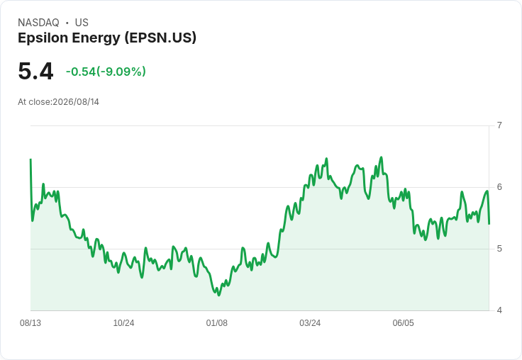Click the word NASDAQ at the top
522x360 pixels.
pyautogui.click(x=38, y=23)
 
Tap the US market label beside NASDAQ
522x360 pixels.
pyautogui.click(x=82, y=23)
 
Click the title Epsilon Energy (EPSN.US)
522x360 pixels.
pyautogui.click(x=107, y=38)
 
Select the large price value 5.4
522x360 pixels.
pyautogui.click(x=35, y=71)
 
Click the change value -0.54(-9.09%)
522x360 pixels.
pyautogui.click(x=106, y=72)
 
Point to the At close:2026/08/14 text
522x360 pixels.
pyautogui.click(x=59, y=102)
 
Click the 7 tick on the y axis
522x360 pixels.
pyautogui.click(x=499, y=125)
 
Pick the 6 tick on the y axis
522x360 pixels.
pyautogui.click(x=499, y=187)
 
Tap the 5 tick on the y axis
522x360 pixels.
pyautogui.click(x=499, y=249)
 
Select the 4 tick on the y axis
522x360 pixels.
pyautogui.click(x=499, y=310)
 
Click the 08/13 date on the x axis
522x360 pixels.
pyautogui.click(x=30, y=323)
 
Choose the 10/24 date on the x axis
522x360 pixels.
pyautogui.click(x=123, y=323)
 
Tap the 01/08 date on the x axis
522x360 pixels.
pyautogui.click(x=217, y=323)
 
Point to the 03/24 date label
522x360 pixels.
pyautogui.click(x=310, y=323)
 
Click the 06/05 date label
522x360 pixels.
pyautogui.click(x=403, y=323)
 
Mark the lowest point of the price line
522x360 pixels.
pyautogui.click(x=218, y=295)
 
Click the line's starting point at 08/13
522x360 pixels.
pyautogui.click(x=30, y=159)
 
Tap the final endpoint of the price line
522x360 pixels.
pyautogui.click(x=489, y=224)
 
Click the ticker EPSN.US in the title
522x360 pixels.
pyautogui.click(x=160, y=38)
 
